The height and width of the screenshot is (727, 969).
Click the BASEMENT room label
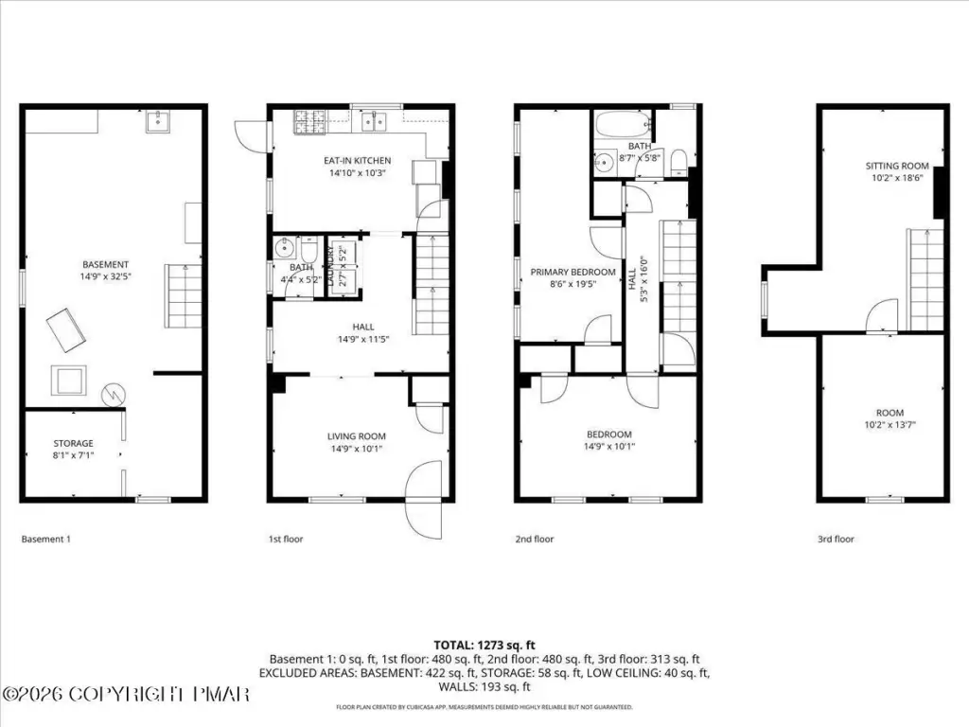click(x=105, y=265)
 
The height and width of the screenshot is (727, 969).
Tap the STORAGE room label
click(x=74, y=443)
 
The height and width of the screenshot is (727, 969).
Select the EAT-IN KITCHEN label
click(x=357, y=161)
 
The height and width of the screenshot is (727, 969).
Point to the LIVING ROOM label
click(x=357, y=436)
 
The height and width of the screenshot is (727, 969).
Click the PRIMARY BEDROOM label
click(x=573, y=272)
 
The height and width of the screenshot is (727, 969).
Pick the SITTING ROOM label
click(x=897, y=166)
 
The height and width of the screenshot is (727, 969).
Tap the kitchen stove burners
click(x=309, y=122)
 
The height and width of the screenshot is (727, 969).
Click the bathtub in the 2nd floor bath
click(x=623, y=124)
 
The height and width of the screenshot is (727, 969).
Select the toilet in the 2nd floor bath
click(x=678, y=160)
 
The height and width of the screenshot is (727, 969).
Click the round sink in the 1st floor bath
click(x=285, y=249)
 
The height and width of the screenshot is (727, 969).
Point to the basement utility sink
click(x=158, y=122)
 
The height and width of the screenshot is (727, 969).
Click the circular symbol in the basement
click(x=114, y=394)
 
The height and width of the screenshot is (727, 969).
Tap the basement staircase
click(x=184, y=296)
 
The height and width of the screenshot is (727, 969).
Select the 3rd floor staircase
click(x=925, y=280)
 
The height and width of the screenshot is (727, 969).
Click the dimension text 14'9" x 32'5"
click(x=105, y=277)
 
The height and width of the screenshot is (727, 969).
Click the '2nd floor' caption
click(x=535, y=539)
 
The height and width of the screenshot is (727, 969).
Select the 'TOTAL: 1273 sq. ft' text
click(x=484, y=646)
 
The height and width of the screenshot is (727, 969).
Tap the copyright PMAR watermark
click(x=125, y=694)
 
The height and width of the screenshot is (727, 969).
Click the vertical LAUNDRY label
click(x=330, y=266)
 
